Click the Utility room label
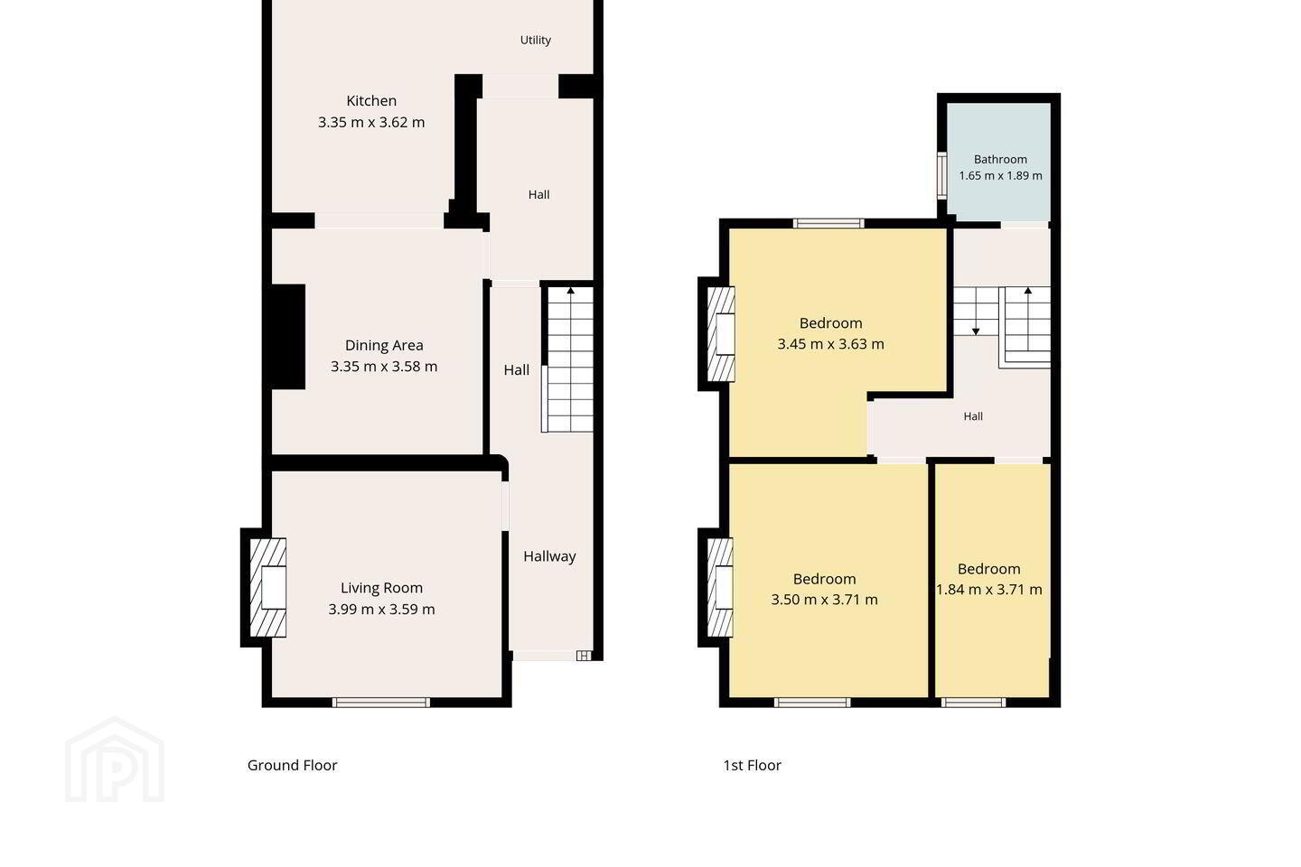click(536, 40)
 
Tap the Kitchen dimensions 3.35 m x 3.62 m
click(371, 123)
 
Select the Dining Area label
click(384, 345)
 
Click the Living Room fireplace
click(267, 588)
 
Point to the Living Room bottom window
click(381, 703)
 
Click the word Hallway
click(549, 556)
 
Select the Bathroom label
click(1000, 159)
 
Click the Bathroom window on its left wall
click(942, 175)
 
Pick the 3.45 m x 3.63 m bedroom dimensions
click(830, 344)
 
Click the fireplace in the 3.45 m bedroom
click(721, 334)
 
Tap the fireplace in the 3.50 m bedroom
click(720, 587)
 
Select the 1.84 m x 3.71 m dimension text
click(989, 590)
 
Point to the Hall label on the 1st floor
click(973, 416)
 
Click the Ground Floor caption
click(292, 765)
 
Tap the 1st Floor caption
click(752, 765)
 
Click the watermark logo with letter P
click(115, 760)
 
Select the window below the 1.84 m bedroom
click(973, 703)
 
